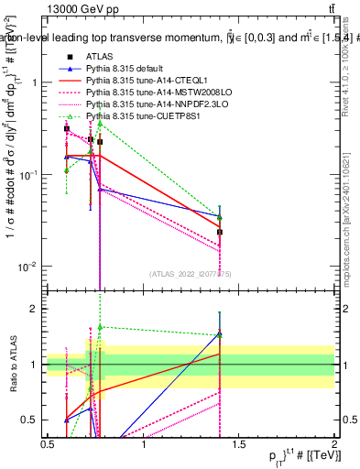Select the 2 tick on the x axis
(333, 443)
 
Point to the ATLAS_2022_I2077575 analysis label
(191, 273)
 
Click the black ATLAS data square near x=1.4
(220, 232)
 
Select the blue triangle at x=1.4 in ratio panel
(220, 333)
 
